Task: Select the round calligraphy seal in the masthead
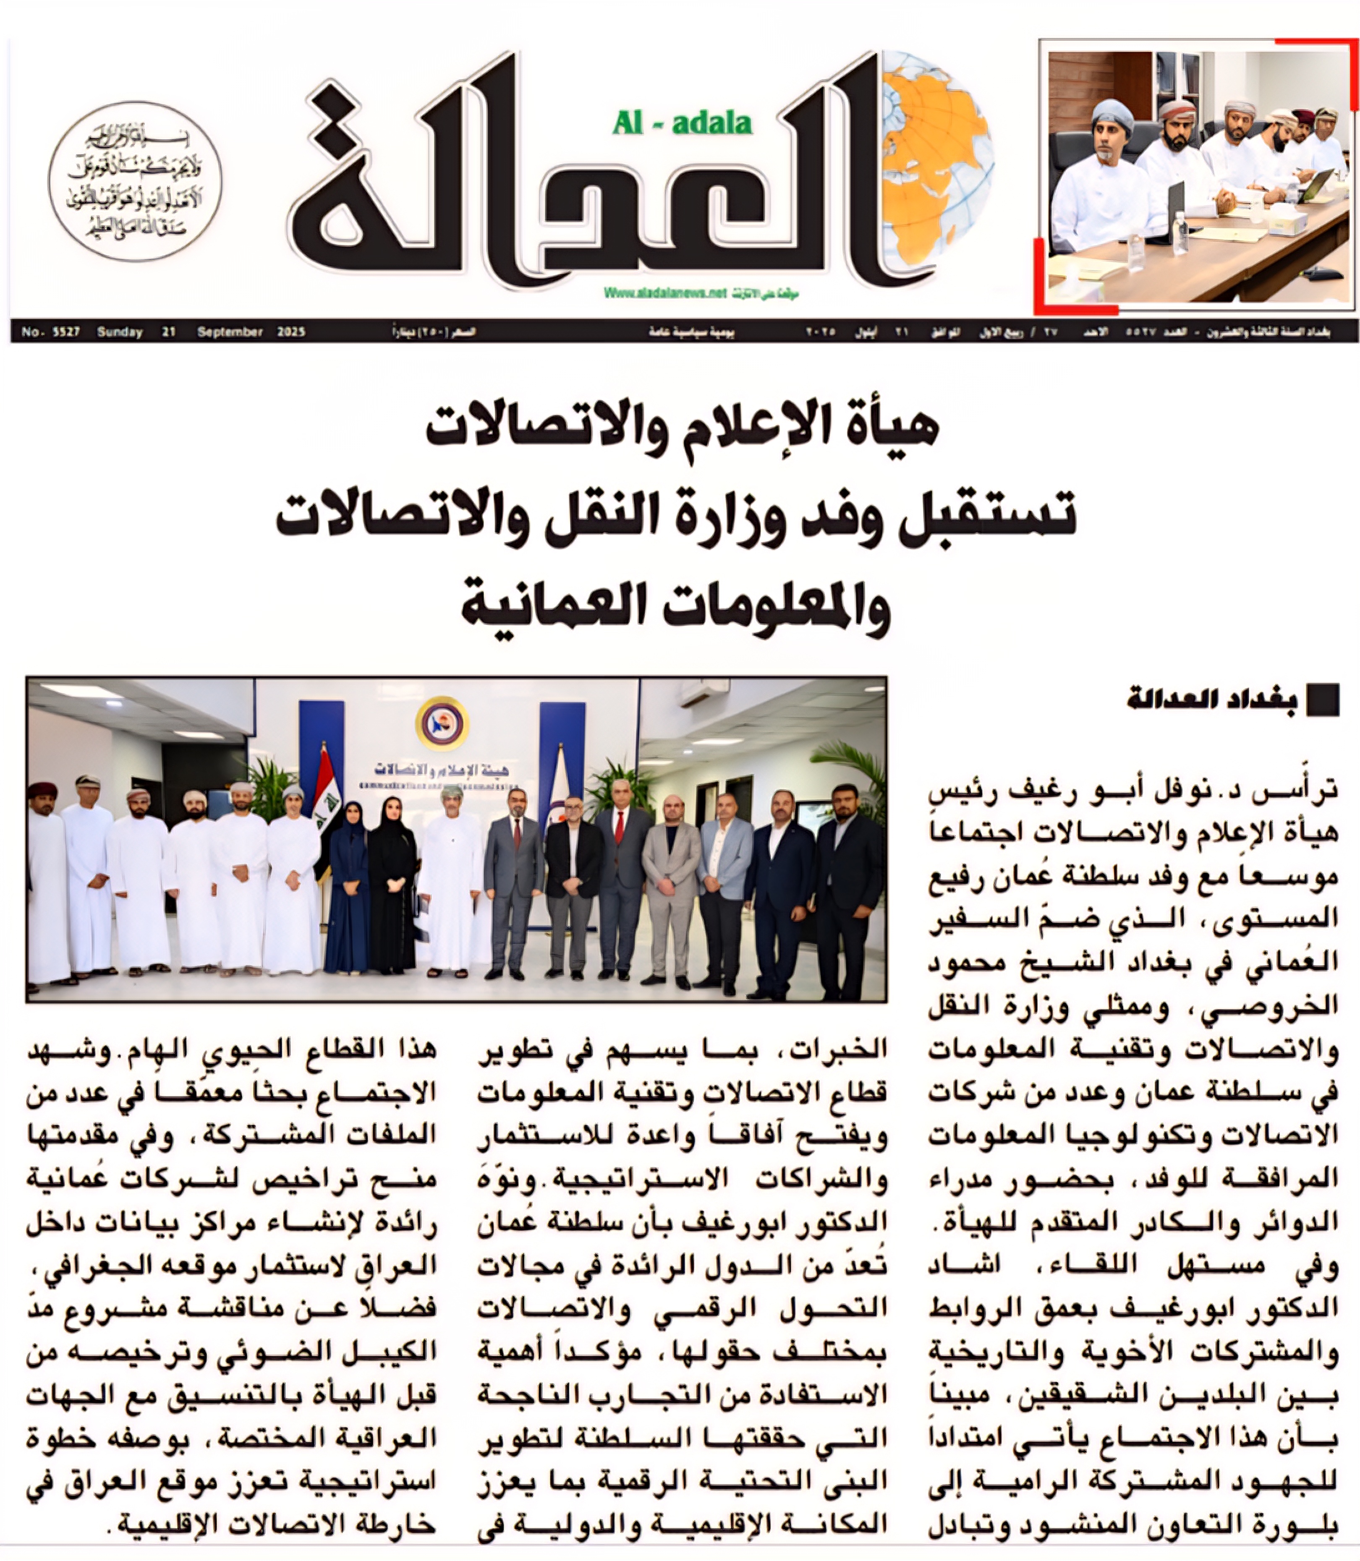[x=135, y=181]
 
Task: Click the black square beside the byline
[x=1322, y=700]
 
